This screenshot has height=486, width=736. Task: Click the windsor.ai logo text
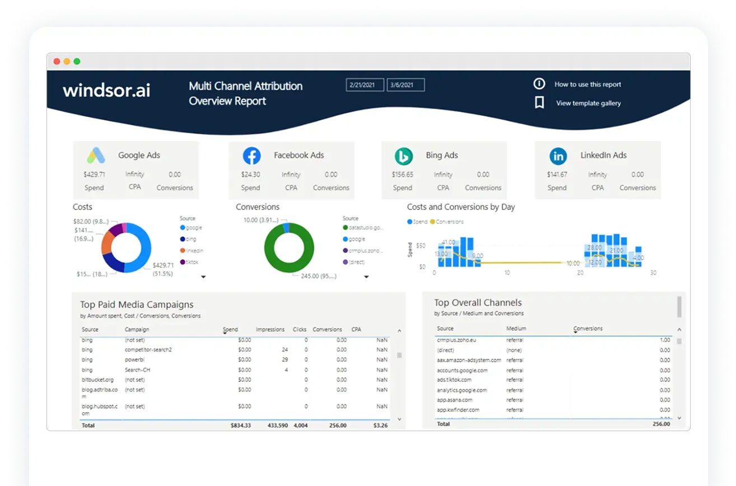point(106,91)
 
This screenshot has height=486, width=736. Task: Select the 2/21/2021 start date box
point(365,85)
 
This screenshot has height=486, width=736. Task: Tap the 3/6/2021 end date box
point(406,85)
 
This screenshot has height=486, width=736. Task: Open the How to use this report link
point(588,85)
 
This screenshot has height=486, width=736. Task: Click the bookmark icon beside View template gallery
point(539,102)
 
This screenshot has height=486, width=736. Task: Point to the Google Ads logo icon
point(96,155)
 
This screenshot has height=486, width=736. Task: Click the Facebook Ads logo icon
point(251,156)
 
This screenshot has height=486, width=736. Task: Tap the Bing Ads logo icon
point(403,156)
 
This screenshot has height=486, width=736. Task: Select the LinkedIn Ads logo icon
point(558,156)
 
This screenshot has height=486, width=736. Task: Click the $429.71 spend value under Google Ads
point(94,175)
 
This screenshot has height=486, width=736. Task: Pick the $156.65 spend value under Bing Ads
point(402,175)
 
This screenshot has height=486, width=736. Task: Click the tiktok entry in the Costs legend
point(192,262)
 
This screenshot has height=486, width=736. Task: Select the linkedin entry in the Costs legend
point(194,251)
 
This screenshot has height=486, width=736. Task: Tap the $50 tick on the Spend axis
point(421,246)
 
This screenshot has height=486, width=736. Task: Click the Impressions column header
point(270,330)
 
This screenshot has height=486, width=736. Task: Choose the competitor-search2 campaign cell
point(148,350)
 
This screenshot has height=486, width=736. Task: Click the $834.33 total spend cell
point(240,426)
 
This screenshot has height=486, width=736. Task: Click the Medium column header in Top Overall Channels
point(516,329)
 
